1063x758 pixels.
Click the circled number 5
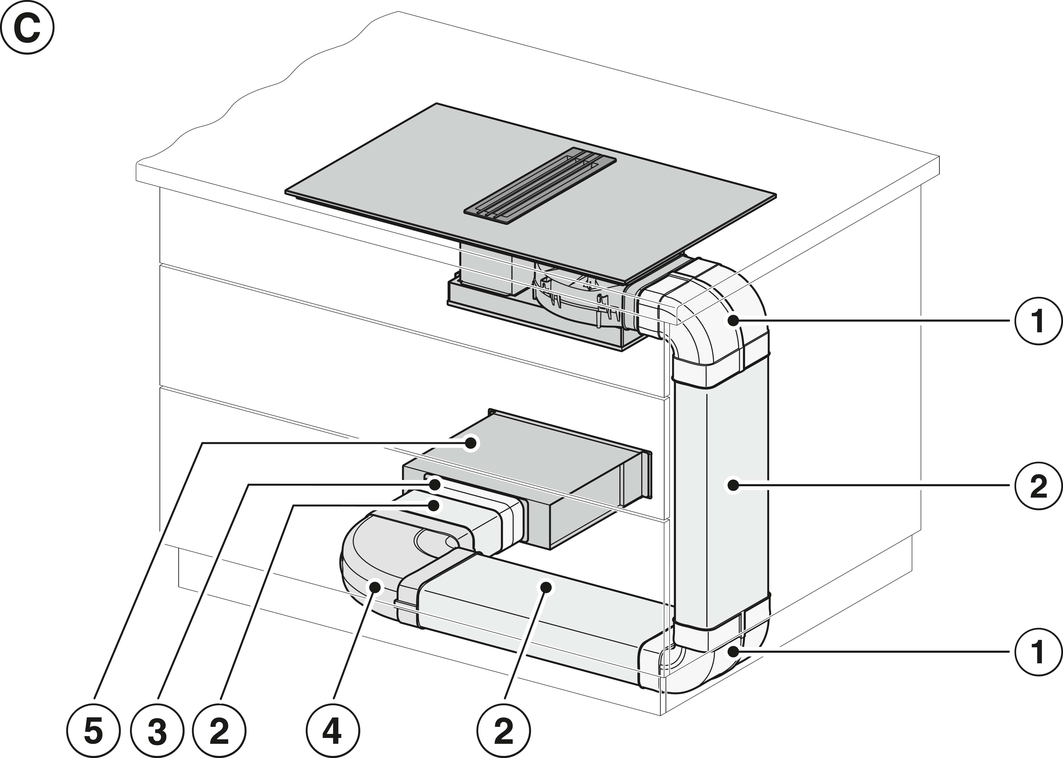coord(93,731)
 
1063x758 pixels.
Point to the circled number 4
coord(333,731)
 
